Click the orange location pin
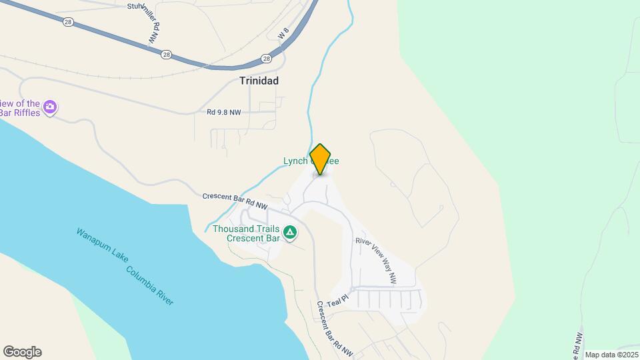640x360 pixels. click(321, 159)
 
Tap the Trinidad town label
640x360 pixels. click(259, 81)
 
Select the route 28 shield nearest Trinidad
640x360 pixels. click(267, 59)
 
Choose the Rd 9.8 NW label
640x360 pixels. click(223, 113)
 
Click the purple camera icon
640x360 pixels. click(50, 107)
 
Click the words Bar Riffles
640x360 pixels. click(20, 113)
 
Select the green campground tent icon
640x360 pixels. click(290, 233)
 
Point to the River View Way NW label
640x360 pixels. click(376, 258)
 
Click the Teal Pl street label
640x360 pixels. click(337, 302)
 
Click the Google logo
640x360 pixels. click(22, 352)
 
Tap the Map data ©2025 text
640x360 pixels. click(611, 355)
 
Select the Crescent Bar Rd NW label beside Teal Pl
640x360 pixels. click(334, 329)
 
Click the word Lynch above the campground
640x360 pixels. click(296, 161)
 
